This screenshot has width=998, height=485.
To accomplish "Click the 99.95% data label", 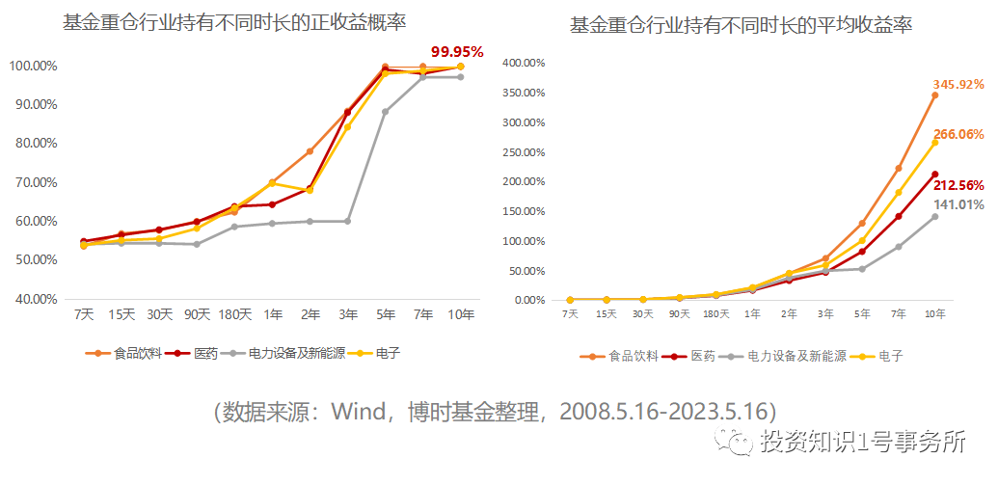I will (457, 50).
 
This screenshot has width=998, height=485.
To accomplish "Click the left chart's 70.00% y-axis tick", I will (34, 182).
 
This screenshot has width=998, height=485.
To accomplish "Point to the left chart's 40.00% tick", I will (34, 299).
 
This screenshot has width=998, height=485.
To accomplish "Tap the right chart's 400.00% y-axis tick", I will (525, 63).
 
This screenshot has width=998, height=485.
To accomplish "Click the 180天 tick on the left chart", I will (234, 314).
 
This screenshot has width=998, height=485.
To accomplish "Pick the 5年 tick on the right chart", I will (862, 314).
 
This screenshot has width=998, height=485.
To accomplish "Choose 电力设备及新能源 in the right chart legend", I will (796, 356).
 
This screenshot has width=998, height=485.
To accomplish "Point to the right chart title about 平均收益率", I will (742, 25).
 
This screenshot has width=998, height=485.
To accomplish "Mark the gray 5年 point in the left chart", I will (385, 112).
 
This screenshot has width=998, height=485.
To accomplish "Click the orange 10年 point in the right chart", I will (934, 95).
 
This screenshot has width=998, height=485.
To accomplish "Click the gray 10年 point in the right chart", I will (934, 216).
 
